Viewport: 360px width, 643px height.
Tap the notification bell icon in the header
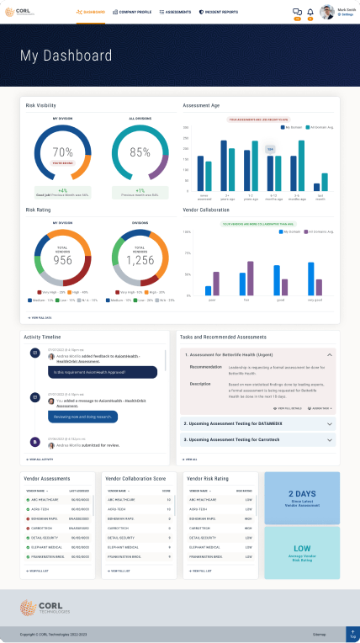[310, 12]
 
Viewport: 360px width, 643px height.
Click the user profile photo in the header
[327, 13]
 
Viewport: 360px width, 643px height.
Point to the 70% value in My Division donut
[63, 152]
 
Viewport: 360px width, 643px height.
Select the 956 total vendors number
[63, 261]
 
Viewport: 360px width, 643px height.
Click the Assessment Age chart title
[202, 106]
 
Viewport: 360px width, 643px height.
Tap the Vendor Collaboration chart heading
[207, 210]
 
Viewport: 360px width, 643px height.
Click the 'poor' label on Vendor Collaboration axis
[212, 299]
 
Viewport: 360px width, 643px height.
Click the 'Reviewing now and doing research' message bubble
[88, 416]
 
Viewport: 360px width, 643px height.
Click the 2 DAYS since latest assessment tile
[302, 497]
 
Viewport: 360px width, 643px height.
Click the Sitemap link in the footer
[319, 633]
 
